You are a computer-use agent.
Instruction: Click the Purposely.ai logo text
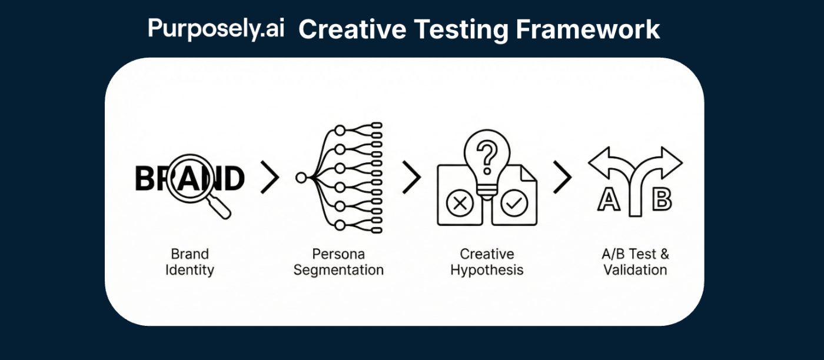pyautogui.click(x=215, y=28)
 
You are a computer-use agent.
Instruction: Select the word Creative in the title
pyautogui.click(x=344, y=29)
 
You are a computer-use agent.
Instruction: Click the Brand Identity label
pyautogui.click(x=190, y=262)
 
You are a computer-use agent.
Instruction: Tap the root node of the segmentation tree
pyautogui.click(x=301, y=176)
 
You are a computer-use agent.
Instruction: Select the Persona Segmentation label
pyautogui.click(x=338, y=262)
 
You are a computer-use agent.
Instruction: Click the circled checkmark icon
pyautogui.click(x=514, y=204)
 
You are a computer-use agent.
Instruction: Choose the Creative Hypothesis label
pyautogui.click(x=487, y=262)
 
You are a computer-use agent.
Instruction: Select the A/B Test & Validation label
pyautogui.click(x=635, y=262)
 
